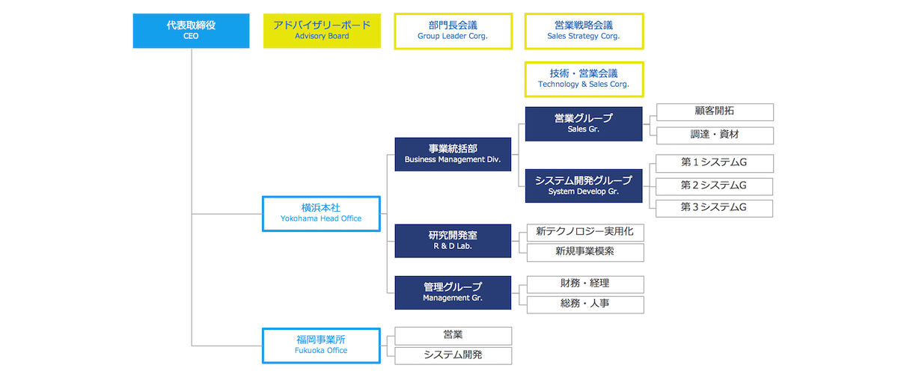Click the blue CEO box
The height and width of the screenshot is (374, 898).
coord(191,31)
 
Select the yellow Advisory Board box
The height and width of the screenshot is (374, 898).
coord(322,31)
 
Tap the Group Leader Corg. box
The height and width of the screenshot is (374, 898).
coord(453,31)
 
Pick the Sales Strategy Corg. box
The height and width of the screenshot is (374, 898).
coord(584,31)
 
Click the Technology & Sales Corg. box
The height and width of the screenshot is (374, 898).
coord(584,79)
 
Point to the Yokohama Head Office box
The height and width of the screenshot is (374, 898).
coord(322,213)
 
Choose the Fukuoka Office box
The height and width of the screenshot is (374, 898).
coord(322,345)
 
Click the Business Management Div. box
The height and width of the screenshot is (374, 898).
coord(453,154)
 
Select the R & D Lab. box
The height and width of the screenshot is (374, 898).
coord(453,240)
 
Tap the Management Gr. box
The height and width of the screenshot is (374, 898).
coord(453,292)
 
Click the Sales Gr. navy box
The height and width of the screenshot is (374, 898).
coord(584,123)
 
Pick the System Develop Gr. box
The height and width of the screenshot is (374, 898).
coord(584,186)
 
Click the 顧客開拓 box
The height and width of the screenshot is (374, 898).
coord(714,111)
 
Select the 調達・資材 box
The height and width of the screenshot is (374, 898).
coord(714,135)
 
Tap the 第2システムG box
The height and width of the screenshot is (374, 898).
coord(714,186)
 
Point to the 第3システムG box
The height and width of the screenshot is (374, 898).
coord(714,208)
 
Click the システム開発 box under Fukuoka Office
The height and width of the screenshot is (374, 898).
coord(453,356)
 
